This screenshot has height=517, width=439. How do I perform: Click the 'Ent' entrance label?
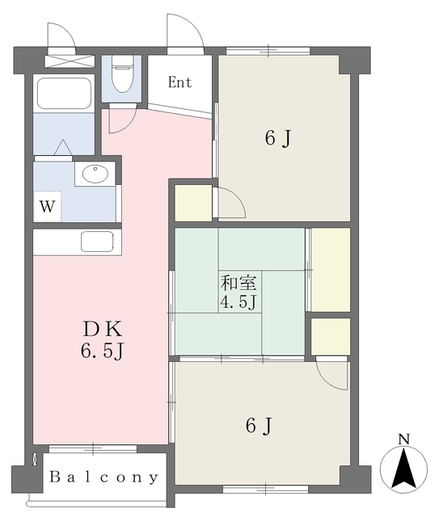(x=179, y=82)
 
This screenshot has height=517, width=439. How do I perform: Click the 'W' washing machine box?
(x=48, y=206)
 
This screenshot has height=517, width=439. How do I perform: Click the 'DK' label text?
(x=100, y=330)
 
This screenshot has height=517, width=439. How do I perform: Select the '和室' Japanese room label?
(x=238, y=284)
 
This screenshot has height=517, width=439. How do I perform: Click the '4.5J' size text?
(x=238, y=303)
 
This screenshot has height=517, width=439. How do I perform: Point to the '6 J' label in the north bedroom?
(x=277, y=138)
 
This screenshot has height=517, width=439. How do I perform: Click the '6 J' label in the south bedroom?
(x=256, y=425)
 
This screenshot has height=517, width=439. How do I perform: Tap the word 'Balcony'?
(x=104, y=477)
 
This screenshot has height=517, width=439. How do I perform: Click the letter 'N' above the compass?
(x=403, y=439)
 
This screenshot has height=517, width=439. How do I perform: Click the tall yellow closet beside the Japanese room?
(x=331, y=270)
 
